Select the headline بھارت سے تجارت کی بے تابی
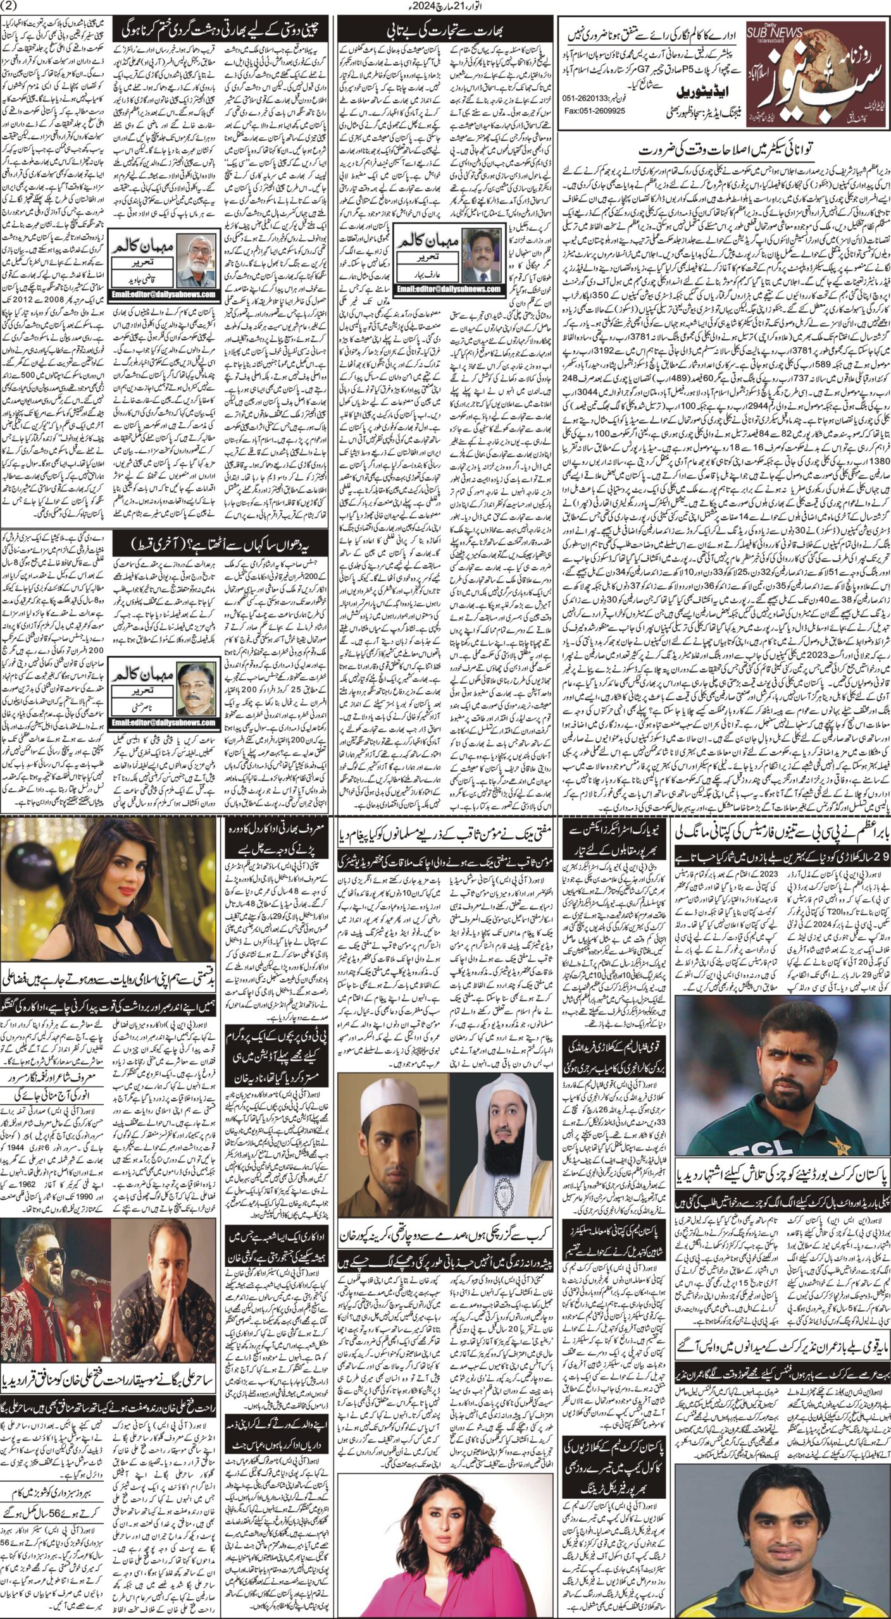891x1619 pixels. coord(442,30)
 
